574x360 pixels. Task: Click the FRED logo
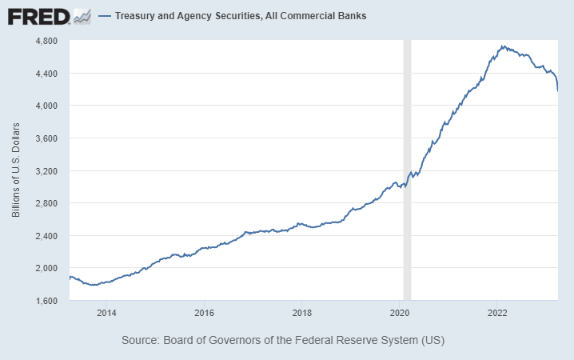click(x=38, y=15)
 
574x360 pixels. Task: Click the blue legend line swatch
click(x=104, y=16)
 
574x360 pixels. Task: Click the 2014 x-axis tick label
click(x=107, y=312)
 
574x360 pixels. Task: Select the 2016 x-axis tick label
click(x=205, y=312)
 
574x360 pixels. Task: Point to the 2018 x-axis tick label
click(x=302, y=312)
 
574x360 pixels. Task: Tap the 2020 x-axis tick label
click(x=400, y=312)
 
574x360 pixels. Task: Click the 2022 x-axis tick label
click(x=497, y=312)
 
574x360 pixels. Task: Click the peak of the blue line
click(x=503, y=46)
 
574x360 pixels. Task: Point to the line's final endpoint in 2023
click(x=557, y=90)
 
